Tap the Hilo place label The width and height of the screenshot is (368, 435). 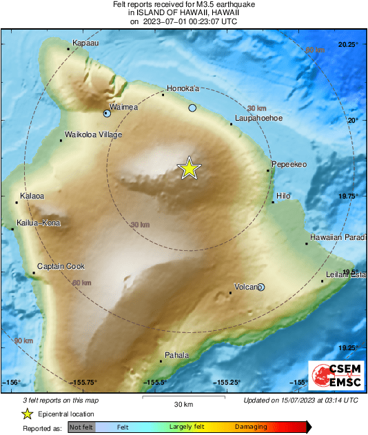283,196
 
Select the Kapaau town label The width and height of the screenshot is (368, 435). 80,43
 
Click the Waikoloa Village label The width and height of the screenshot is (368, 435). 92,134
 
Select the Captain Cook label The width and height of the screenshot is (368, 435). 61,266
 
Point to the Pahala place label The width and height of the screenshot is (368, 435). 176,355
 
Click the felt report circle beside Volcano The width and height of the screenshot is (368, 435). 260,287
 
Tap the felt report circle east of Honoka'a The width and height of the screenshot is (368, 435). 193,108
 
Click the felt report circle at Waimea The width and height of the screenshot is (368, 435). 107,113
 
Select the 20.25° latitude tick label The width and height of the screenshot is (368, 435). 348,45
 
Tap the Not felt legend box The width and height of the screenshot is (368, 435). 81,427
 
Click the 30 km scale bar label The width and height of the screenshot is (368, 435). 183,403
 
